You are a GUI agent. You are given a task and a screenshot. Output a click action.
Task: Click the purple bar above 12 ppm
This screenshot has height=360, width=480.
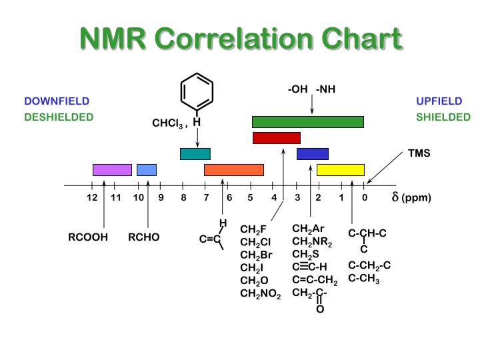point(112,169)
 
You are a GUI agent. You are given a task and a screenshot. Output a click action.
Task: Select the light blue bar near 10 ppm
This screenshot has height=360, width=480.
point(147,169)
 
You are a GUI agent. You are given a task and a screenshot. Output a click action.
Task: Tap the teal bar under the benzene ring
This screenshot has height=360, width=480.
point(195,154)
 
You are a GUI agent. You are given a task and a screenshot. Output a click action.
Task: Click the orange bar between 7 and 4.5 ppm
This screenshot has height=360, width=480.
point(234,169)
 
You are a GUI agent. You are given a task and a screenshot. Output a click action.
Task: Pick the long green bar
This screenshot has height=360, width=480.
point(308,121)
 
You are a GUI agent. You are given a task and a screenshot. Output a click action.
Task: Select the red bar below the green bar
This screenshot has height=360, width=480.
point(277,138)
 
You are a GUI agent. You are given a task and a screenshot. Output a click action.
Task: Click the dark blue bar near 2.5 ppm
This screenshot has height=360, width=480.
point(313,154)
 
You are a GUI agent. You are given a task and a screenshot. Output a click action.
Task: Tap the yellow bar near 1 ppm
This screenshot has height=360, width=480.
point(341,169)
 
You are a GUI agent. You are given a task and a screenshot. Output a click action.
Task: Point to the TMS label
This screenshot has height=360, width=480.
point(419,153)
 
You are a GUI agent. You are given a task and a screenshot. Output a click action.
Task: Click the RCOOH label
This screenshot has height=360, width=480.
point(88,237)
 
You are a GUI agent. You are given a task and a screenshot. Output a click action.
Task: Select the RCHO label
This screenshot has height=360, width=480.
point(144,237)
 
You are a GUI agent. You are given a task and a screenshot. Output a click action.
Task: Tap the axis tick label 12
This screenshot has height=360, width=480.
point(92,198)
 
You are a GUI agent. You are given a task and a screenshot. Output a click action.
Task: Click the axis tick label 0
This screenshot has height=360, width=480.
point(365,198)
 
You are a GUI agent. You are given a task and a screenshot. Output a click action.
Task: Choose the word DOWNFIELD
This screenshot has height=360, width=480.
point(57,101)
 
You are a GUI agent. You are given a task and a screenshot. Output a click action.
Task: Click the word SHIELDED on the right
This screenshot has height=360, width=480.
point(443,117)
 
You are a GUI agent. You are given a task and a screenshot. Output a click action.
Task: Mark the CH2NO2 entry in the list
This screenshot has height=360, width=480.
point(261,293)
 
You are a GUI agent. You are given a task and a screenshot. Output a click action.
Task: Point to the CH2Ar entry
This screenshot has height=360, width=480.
point(308,229)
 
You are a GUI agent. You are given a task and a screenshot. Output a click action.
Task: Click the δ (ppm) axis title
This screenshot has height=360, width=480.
point(411,198)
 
